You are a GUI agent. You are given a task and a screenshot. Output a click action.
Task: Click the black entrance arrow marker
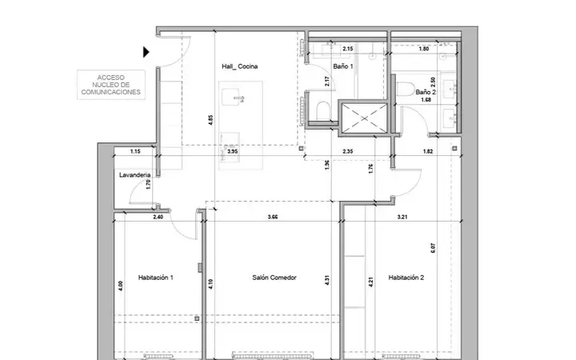(x=146, y=52)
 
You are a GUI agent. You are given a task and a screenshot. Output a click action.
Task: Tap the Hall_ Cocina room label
(x=239, y=66)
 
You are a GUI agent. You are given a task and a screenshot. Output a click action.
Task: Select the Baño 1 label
(x=343, y=66)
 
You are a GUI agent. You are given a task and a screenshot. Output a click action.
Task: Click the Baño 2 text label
(x=426, y=92)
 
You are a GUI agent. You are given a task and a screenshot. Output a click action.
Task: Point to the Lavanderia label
(x=135, y=175)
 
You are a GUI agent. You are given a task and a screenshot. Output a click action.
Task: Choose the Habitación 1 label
(x=156, y=278)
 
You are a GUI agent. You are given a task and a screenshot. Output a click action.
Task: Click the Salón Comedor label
(x=274, y=278)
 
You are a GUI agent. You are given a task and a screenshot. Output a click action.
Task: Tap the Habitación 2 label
(x=406, y=278)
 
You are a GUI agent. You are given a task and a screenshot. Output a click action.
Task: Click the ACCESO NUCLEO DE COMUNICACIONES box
(x=111, y=85)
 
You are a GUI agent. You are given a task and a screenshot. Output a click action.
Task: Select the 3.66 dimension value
(x=273, y=217)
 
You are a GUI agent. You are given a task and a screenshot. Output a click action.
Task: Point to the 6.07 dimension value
(x=433, y=248)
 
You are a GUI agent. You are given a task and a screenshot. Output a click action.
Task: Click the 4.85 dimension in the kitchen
(x=210, y=120)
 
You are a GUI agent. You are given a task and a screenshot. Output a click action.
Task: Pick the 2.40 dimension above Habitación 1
(x=158, y=217)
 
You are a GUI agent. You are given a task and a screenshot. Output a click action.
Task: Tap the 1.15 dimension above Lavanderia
(x=135, y=151)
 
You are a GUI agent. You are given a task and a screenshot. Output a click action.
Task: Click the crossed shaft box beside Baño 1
(x=364, y=118)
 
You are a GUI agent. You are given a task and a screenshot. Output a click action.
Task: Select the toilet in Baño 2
(x=406, y=89)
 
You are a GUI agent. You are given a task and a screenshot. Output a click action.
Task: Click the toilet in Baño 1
(x=323, y=110)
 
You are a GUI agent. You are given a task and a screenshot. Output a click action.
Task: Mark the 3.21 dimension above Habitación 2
(x=402, y=217)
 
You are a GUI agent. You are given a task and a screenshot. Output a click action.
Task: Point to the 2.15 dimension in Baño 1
(x=348, y=49)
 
